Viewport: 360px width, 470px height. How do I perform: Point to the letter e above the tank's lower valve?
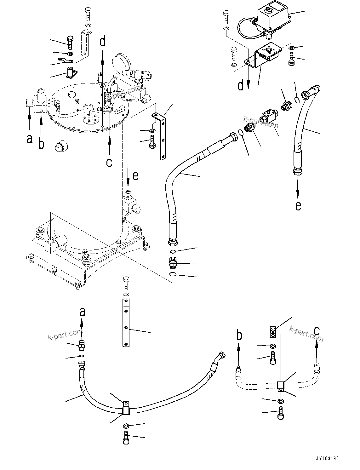tap(135, 176)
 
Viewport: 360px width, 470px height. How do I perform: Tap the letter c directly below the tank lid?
tap(109, 163)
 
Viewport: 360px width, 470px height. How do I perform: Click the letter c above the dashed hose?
tap(317, 330)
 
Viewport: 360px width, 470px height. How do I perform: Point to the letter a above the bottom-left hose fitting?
tap(82, 312)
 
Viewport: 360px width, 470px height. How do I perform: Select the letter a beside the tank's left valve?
tap(30, 139)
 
